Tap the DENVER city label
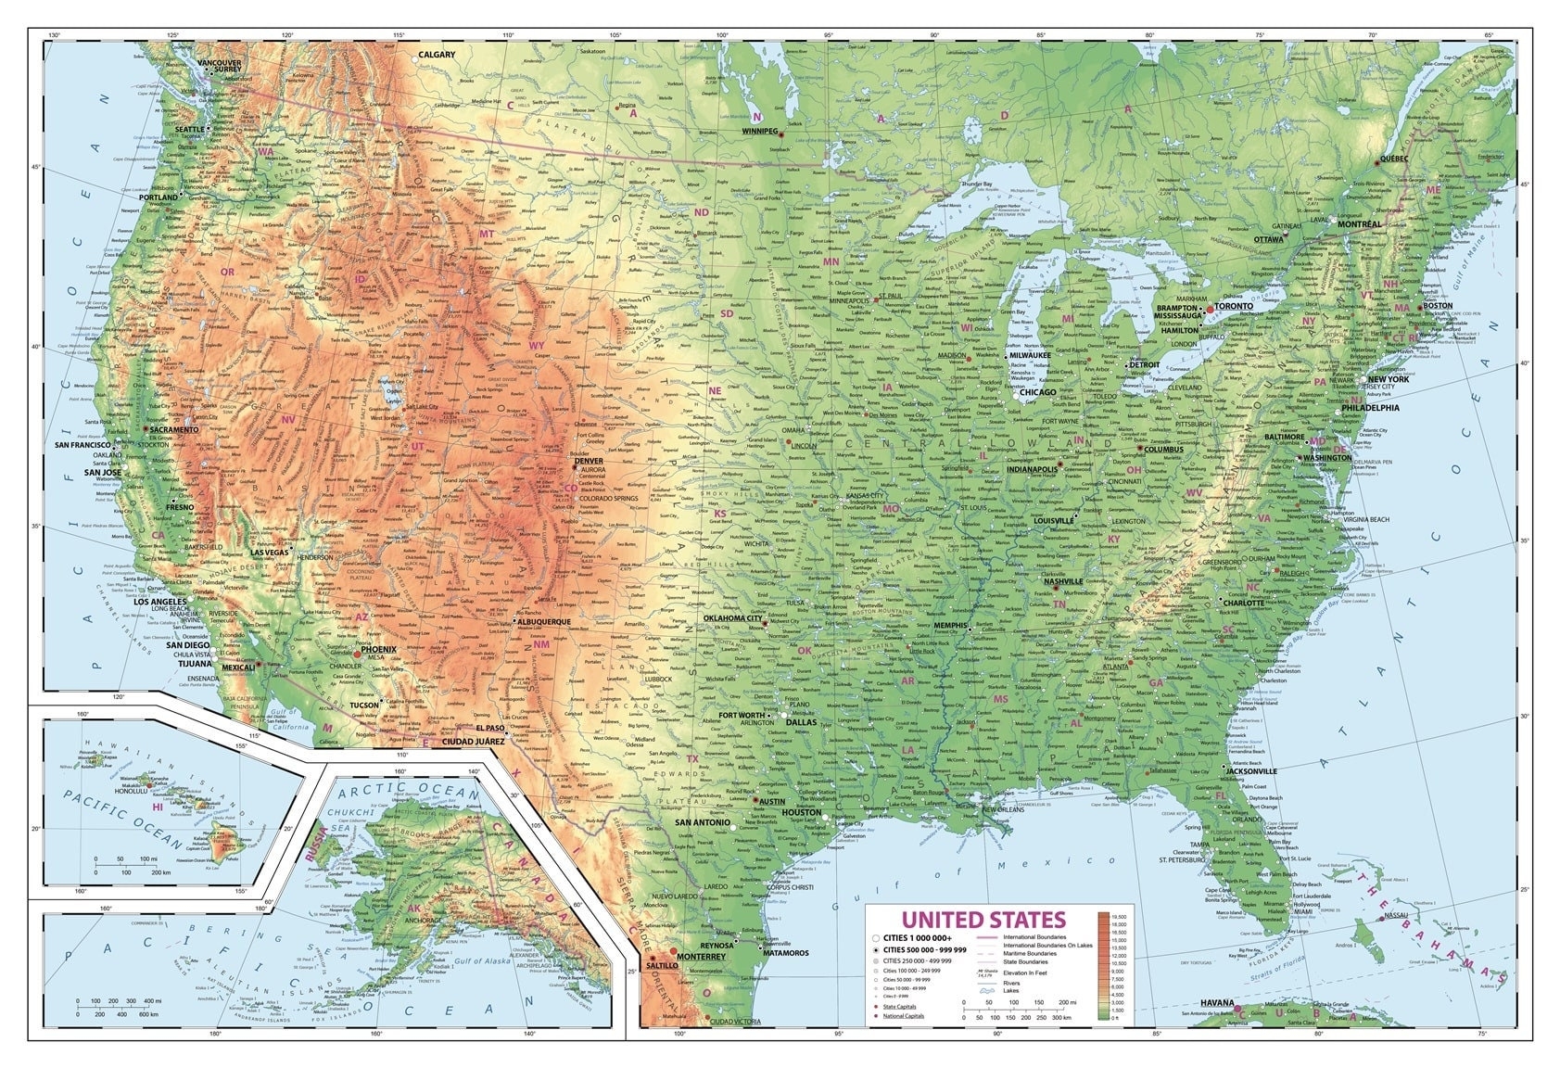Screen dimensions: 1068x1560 click(x=589, y=461)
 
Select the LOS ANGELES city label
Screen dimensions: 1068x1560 click(x=161, y=602)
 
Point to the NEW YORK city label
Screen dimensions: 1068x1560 click(x=1388, y=380)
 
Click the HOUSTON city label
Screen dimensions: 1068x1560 click(x=801, y=813)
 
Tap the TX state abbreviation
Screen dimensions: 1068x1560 click(x=692, y=759)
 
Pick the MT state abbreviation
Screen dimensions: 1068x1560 click(x=487, y=235)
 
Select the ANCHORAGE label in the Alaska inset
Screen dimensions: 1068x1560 click(x=422, y=922)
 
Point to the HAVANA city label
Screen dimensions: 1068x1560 click(x=1217, y=1003)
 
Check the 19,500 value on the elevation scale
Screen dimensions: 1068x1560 click(x=1118, y=916)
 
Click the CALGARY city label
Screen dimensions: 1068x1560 click(x=437, y=55)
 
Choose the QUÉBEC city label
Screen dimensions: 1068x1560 click(x=1394, y=159)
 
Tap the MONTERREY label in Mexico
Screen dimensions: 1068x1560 click(x=701, y=957)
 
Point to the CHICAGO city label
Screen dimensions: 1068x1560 click(x=1037, y=392)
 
